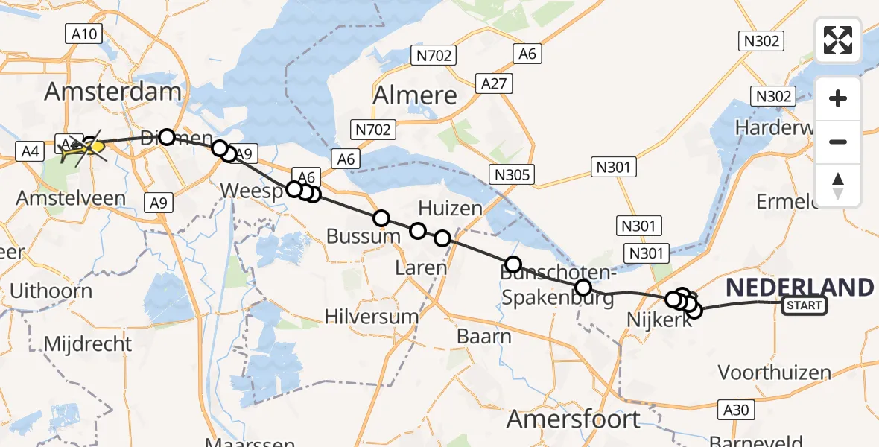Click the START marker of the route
coord(804,305)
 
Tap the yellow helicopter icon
coord(84,149)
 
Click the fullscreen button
coord(838,40)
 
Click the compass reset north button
coord(838,186)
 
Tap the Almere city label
coord(415,95)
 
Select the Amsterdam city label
coord(112,92)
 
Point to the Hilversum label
coord(372,316)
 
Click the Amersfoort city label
coord(573,419)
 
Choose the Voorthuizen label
coord(774,372)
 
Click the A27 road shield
coord(495,83)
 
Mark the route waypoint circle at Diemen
coord(167,137)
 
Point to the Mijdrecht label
coord(88,344)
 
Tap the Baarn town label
coord(483,336)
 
